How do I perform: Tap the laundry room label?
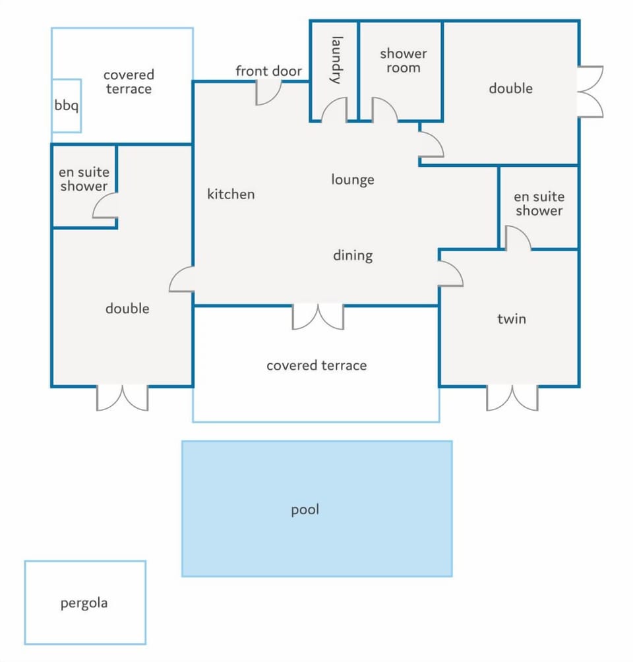click(x=337, y=60)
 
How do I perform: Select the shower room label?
click(x=404, y=61)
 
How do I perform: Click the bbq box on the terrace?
click(x=67, y=105)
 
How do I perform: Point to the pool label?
click(x=305, y=510)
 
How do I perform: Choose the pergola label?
click(x=84, y=603)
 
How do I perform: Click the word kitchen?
click(x=231, y=194)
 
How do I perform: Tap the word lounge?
click(x=353, y=180)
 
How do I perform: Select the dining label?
click(x=353, y=255)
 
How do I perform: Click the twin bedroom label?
click(x=512, y=318)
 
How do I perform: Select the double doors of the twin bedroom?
click(x=512, y=398)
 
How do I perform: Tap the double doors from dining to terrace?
click(x=318, y=316)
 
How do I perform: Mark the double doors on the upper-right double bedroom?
click(x=590, y=92)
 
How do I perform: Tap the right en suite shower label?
click(x=539, y=204)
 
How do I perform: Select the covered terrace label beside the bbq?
click(x=129, y=82)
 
